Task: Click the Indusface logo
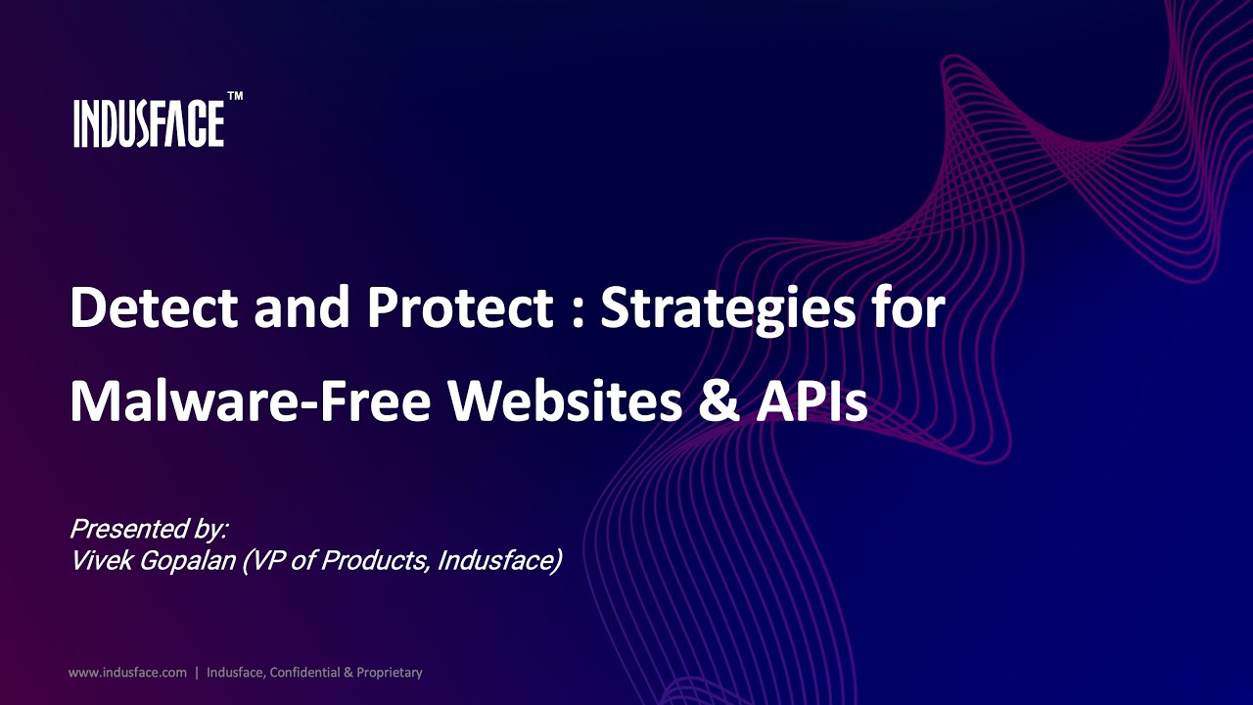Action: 149,123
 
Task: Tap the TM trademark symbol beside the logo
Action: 235,97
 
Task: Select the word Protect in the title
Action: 459,308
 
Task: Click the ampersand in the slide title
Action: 722,400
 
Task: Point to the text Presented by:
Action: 149,530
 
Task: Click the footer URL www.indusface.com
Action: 127,673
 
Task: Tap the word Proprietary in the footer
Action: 389,673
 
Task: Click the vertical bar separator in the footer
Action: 197,673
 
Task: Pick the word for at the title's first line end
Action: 912,308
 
